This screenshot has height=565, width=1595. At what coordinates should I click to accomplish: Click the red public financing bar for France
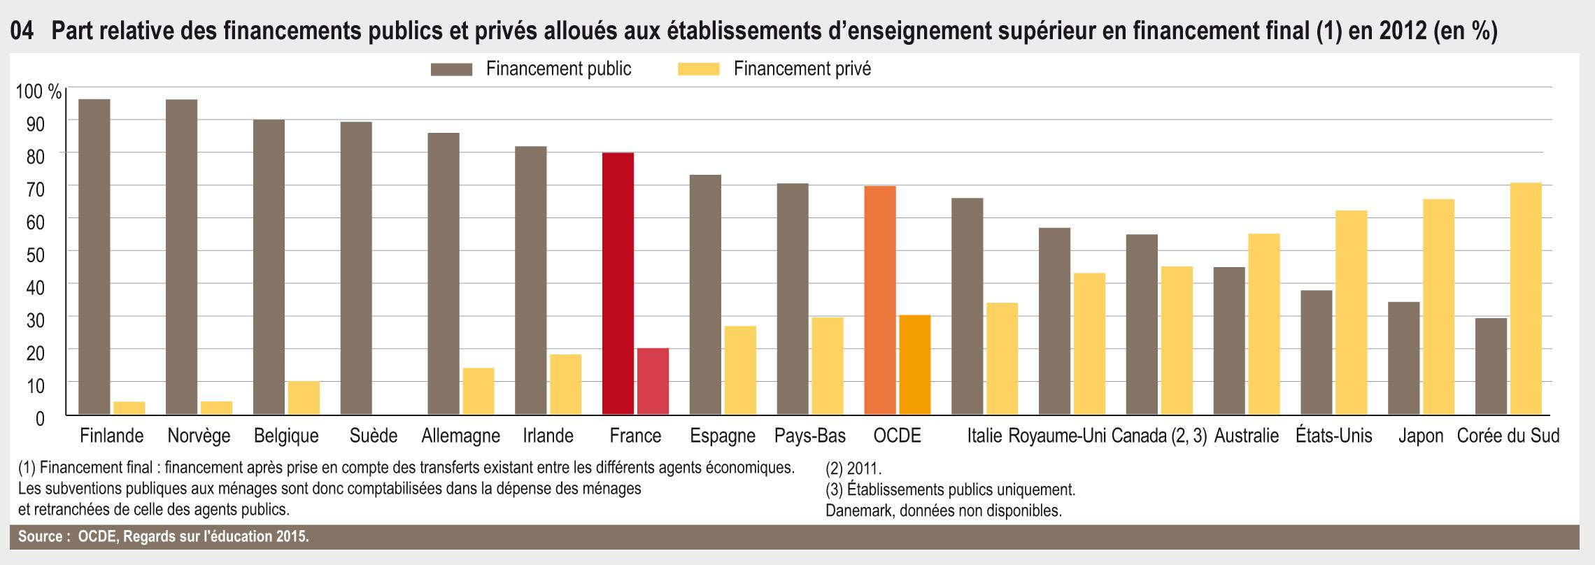click(618, 284)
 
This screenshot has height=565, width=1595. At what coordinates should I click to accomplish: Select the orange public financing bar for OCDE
click(880, 301)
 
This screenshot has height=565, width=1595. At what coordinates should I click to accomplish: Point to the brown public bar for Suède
click(356, 269)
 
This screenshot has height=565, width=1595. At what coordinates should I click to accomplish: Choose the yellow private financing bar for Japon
click(1438, 308)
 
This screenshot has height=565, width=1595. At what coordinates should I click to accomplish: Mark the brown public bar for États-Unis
click(1316, 352)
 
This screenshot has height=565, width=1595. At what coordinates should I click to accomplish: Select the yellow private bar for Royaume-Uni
click(1089, 344)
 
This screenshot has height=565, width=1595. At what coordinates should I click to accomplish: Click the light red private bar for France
click(653, 382)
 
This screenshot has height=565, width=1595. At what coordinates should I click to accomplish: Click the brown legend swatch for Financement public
click(452, 69)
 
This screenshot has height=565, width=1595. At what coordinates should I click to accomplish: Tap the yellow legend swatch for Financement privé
click(698, 69)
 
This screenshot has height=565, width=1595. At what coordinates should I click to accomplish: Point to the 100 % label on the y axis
click(39, 92)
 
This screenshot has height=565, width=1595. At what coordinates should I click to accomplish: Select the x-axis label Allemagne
click(460, 436)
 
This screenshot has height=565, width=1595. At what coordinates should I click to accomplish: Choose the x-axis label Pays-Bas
click(809, 436)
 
